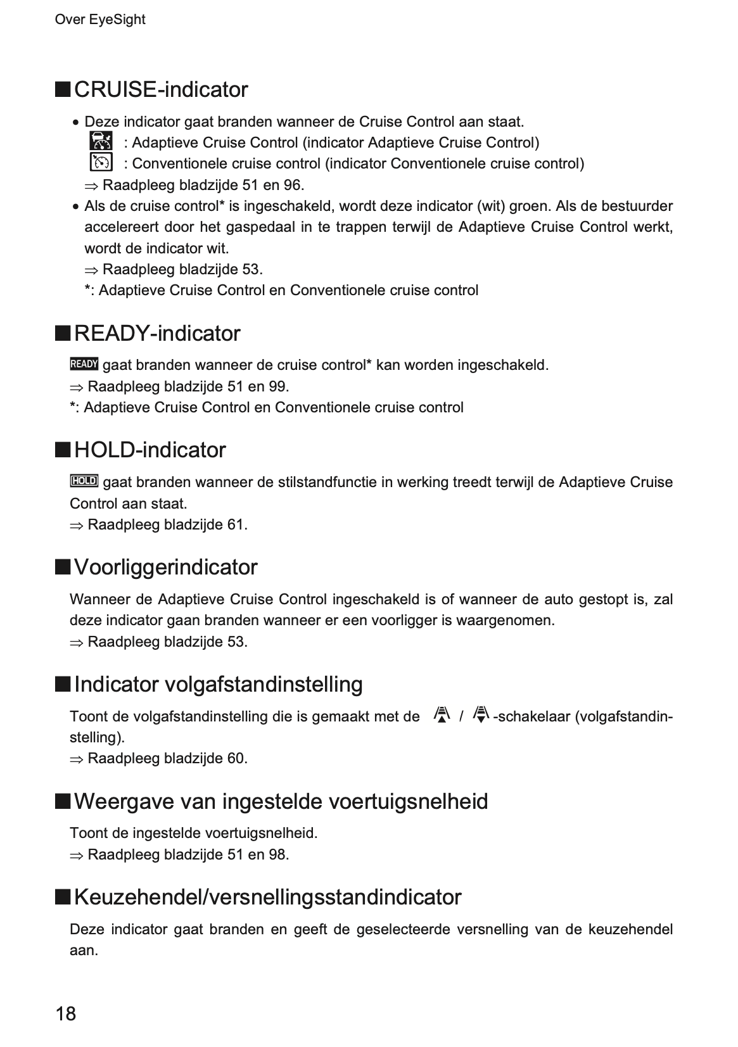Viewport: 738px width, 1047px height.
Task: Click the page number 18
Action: [66, 1013]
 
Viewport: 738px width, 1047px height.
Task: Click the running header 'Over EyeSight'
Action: [100, 20]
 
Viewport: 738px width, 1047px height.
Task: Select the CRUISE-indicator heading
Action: [161, 89]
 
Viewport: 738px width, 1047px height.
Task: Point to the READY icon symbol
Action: [84, 364]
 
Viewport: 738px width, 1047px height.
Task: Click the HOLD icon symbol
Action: [84, 481]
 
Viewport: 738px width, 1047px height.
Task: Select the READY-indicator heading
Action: [157, 333]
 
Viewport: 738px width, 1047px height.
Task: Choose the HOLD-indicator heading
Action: [150, 450]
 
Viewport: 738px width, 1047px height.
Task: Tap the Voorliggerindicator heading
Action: [165, 567]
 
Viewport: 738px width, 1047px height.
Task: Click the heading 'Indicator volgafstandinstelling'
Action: [218, 684]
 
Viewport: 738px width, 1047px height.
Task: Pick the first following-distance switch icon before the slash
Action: [442, 715]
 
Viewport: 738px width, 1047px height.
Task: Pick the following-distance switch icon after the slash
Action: [481, 715]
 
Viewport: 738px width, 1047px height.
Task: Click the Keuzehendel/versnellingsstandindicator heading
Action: [267, 897]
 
